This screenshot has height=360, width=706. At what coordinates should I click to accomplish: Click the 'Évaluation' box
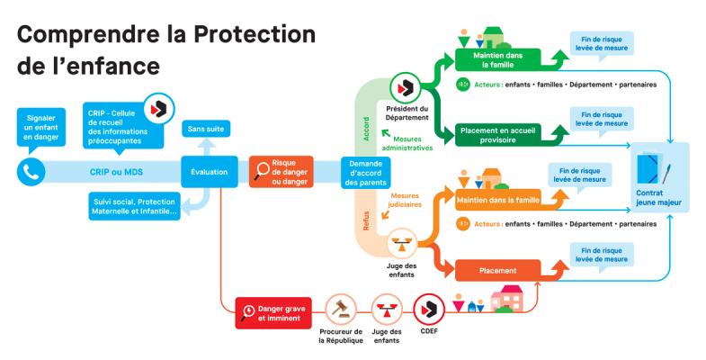click(209, 170)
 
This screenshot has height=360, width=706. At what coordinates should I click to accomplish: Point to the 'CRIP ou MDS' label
click(119, 170)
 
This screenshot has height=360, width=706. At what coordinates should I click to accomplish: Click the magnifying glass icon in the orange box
click(264, 166)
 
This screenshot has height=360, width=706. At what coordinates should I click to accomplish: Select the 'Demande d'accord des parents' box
click(364, 170)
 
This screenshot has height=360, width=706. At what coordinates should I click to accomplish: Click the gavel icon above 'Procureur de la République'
click(340, 308)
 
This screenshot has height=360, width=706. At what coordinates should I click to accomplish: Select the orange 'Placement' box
click(498, 270)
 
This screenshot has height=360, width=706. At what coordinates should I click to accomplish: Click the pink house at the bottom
click(510, 298)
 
